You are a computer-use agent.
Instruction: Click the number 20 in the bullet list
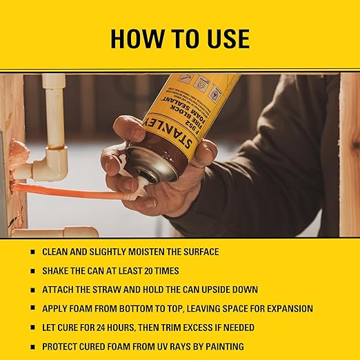point(151,271)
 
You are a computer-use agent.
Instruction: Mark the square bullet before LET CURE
point(32,327)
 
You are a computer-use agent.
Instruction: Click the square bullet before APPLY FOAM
point(32,308)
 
